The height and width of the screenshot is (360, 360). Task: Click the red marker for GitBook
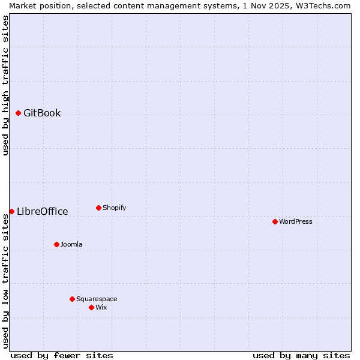pyautogui.click(x=19, y=113)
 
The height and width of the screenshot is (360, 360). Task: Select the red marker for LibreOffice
pyautogui.click(x=11, y=211)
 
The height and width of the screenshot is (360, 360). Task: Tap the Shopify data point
pyautogui.click(x=98, y=208)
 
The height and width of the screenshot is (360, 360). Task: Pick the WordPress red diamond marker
pyautogui.click(x=275, y=221)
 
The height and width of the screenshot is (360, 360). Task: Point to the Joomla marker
pyautogui.click(x=56, y=244)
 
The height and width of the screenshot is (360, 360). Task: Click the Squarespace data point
pyautogui.click(x=72, y=299)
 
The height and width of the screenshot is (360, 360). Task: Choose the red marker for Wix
pyautogui.click(x=91, y=307)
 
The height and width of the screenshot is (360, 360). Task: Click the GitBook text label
pyautogui.click(x=42, y=113)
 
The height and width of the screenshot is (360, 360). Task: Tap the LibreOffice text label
pyautogui.click(x=42, y=212)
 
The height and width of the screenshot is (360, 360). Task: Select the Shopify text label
pyautogui.click(x=114, y=208)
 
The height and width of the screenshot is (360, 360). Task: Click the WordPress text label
pyautogui.click(x=295, y=222)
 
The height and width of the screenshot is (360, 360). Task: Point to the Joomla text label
pyautogui.click(x=71, y=245)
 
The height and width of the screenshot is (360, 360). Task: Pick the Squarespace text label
pyautogui.click(x=97, y=299)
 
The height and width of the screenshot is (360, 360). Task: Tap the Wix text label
pyautogui.click(x=101, y=308)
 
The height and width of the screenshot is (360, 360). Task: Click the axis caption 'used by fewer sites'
pyautogui.click(x=62, y=355)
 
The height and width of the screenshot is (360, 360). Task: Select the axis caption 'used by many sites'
pyautogui.click(x=301, y=355)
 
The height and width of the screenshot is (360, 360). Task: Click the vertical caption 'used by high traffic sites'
pyautogui.click(x=5, y=85)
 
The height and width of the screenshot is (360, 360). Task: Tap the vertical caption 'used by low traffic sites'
pyautogui.click(x=5, y=281)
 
